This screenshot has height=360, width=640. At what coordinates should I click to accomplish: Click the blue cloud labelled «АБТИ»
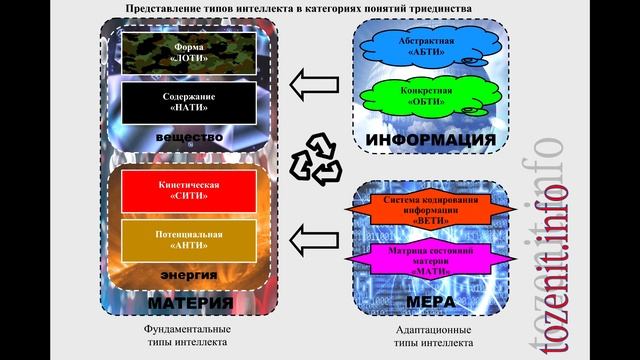(x=426, y=46)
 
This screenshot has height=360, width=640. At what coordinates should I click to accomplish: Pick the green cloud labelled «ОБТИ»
(x=426, y=96)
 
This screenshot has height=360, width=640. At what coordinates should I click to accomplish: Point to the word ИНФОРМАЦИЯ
(x=431, y=139)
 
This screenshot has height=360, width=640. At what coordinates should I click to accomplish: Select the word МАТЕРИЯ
(x=190, y=302)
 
